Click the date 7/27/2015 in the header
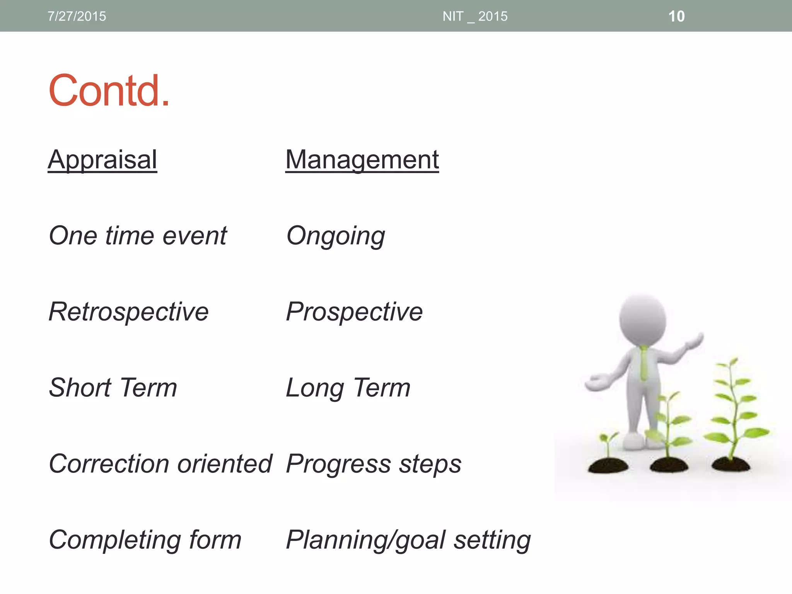tap(77, 16)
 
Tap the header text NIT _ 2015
tap(475, 16)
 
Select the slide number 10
tap(676, 16)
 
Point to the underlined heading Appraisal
tap(102, 159)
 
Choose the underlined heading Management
tap(362, 159)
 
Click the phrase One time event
tap(138, 236)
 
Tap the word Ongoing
tap(335, 236)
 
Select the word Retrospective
tap(128, 312)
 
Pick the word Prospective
tap(354, 312)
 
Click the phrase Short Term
tap(113, 387)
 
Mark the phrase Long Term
tap(348, 387)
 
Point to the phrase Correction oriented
tap(160, 464)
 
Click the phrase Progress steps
tap(373, 464)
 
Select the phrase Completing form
tap(145, 540)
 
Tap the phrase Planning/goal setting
tap(408, 540)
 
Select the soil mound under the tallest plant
tap(731, 464)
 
